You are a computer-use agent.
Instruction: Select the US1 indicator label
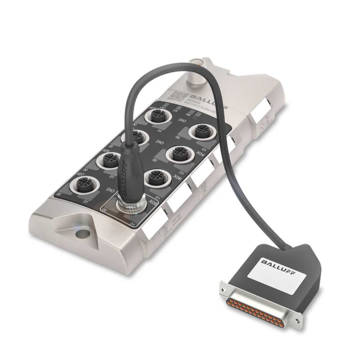tap(162, 107)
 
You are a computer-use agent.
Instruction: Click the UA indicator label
tap(175, 111)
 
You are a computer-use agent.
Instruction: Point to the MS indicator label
tap(188, 114)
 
